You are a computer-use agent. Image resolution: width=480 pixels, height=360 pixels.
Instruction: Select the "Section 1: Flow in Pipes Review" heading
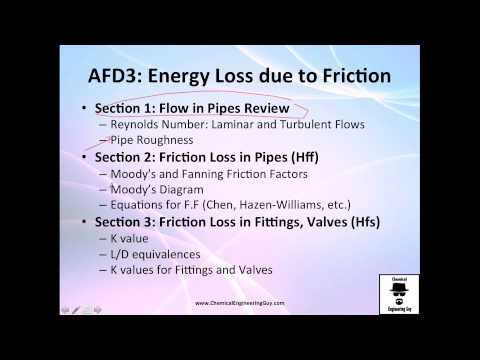[x=191, y=107]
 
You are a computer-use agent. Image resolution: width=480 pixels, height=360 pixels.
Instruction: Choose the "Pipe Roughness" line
[x=154, y=141]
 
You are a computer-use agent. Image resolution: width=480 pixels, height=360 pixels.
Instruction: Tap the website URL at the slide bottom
[x=240, y=303]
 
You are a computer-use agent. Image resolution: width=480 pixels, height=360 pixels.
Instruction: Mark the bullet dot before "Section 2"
[x=84, y=159]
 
